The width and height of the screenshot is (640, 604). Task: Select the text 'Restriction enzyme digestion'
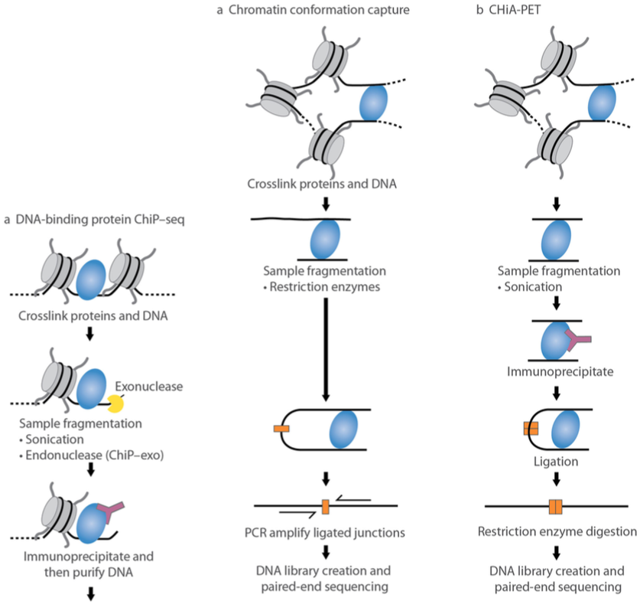[555, 531]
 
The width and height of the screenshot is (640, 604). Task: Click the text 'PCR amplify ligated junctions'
[326, 531]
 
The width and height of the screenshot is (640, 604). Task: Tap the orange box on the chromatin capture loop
[281, 427]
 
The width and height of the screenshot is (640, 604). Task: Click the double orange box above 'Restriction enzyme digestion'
[555, 506]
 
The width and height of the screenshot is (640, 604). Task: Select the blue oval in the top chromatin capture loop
[374, 104]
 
